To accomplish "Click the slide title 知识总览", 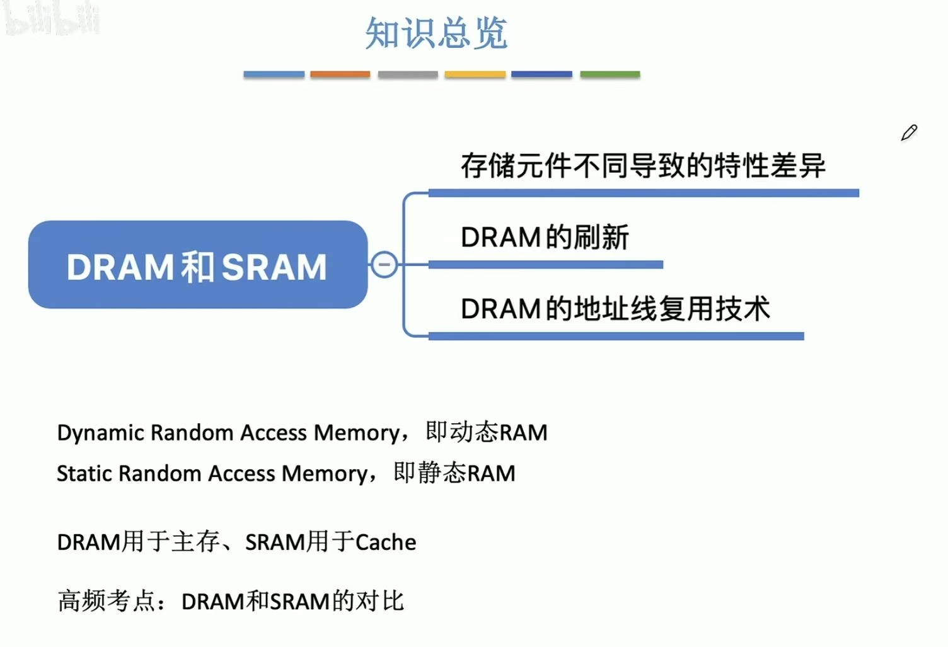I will click(x=436, y=33).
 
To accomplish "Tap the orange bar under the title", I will click(x=340, y=74).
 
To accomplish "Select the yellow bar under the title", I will click(x=475, y=74).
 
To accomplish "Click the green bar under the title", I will click(x=610, y=74).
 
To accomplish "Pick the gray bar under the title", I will click(x=407, y=74).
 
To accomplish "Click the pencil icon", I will click(x=909, y=132).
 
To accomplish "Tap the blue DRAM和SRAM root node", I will click(x=197, y=265).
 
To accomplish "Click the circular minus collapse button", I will click(x=384, y=265).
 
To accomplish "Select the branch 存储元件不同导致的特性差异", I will click(x=642, y=166).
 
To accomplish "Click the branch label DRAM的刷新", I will click(x=545, y=238).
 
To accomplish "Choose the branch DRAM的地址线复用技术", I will click(x=615, y=309).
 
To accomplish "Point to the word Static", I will click(x=84, y=473).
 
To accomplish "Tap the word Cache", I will click(x=386, y=542).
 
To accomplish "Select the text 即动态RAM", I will click(x=486, y=432).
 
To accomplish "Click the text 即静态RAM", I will click(x=454, y=472).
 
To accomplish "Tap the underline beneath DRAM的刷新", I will click(x=545, y=265).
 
